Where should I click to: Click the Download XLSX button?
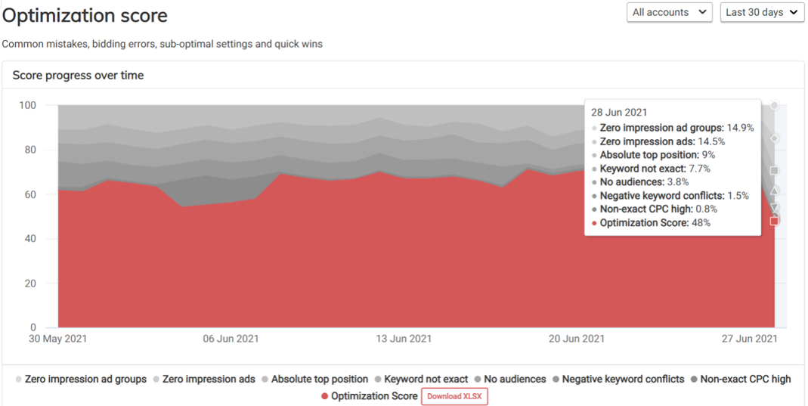(454, 396)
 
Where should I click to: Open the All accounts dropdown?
(670, 12)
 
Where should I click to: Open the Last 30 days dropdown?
(761, 12)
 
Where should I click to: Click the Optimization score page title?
(85, 15)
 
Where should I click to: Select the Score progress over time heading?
(78, 76)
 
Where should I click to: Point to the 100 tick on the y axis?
(28, 105)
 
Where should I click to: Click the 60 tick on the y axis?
(31, 194)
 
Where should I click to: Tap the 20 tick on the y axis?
(31, 284)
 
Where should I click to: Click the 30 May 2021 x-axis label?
(57, 339)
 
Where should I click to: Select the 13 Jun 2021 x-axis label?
(404, 339)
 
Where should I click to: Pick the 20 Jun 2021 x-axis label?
(576, 339)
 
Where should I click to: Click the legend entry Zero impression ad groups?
(85, 379)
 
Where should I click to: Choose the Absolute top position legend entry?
(319, 379)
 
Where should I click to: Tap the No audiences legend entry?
(515, 379)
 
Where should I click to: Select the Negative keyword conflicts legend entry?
(623, 379)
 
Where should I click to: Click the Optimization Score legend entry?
(373, 396)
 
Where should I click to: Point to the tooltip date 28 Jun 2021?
(619, 112)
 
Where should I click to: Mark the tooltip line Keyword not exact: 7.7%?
(655, 169)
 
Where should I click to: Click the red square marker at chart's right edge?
(774, 221)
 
